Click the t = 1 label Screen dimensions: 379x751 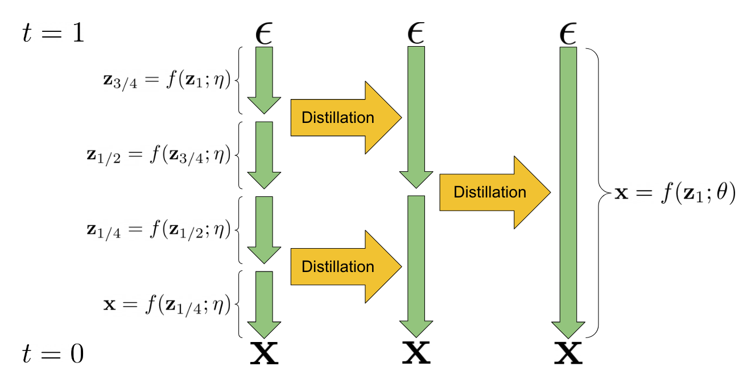coord(53,33)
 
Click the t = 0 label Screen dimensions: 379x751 coord(53,354)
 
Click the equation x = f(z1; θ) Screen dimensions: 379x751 coord(675,193)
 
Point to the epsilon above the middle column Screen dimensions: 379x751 coord(416,34)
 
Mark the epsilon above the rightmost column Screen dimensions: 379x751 coord(568,34)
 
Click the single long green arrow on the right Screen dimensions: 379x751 coord(568,188)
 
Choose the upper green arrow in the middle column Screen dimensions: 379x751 coord(416,114)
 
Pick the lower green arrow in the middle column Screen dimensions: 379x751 coord(416,262)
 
